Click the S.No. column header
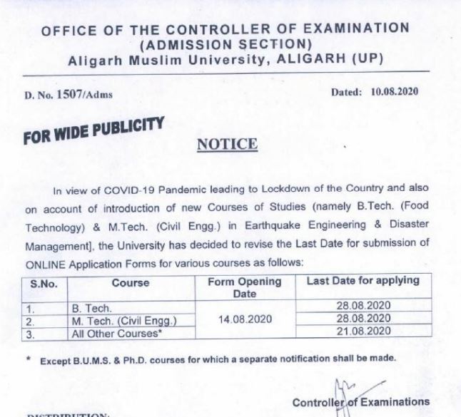tap(44, 282)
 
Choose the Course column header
tap(131, 282)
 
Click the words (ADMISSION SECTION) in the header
tap(226, 43)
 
